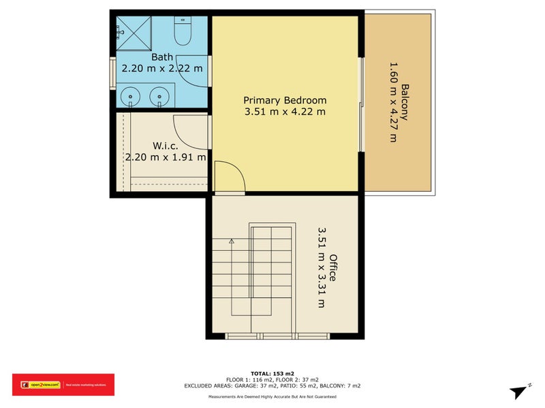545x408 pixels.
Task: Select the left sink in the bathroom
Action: [x=131, y=97]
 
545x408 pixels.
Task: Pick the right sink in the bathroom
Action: [x=160, y=97]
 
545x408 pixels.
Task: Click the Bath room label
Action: [x=162, y=57]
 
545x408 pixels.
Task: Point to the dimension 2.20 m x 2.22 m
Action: [x=162, y=68]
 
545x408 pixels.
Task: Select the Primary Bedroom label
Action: [x=285, y=100]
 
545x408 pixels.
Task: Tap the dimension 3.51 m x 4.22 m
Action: [x=285, y=112]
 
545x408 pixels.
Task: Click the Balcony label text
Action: [x=405, y=102]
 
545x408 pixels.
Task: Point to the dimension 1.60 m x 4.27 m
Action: [x=392, y=102]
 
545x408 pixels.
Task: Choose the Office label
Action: [x=333, y=267]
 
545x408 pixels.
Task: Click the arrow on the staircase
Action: [x=232, y=241]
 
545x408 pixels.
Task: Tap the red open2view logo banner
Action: [x=63, y=385]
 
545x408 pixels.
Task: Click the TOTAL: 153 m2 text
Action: [x=272, y=373]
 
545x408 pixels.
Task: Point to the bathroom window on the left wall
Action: [x=113, y=72]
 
